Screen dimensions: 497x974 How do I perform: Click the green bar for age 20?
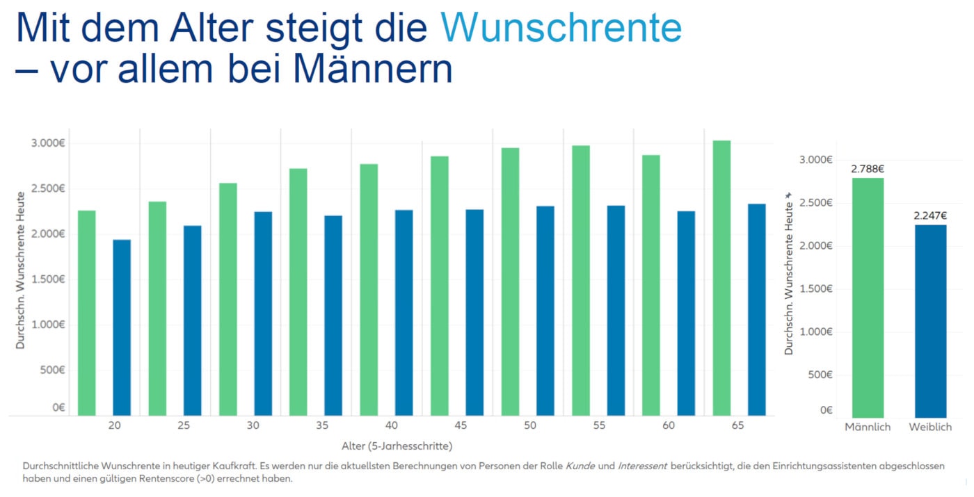(87, 313)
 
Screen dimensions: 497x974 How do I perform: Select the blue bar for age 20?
(122, 327)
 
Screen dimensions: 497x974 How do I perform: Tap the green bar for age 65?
(721, 278)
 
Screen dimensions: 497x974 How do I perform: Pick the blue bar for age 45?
(474, 312)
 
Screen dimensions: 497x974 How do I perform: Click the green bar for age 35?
(298, 292)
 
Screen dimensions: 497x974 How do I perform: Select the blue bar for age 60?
(686, 313)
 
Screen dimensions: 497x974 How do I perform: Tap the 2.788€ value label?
(867, 169)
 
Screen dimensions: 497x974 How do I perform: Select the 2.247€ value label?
(930, 215)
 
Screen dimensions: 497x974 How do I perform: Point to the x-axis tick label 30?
(253, 425)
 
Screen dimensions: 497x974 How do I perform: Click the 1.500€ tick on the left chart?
(47, 279)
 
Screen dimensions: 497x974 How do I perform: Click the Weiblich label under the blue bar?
(930, 427)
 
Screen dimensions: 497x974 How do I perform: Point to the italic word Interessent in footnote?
(642, 465)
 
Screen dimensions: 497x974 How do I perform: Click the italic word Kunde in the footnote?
(580, 465)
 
